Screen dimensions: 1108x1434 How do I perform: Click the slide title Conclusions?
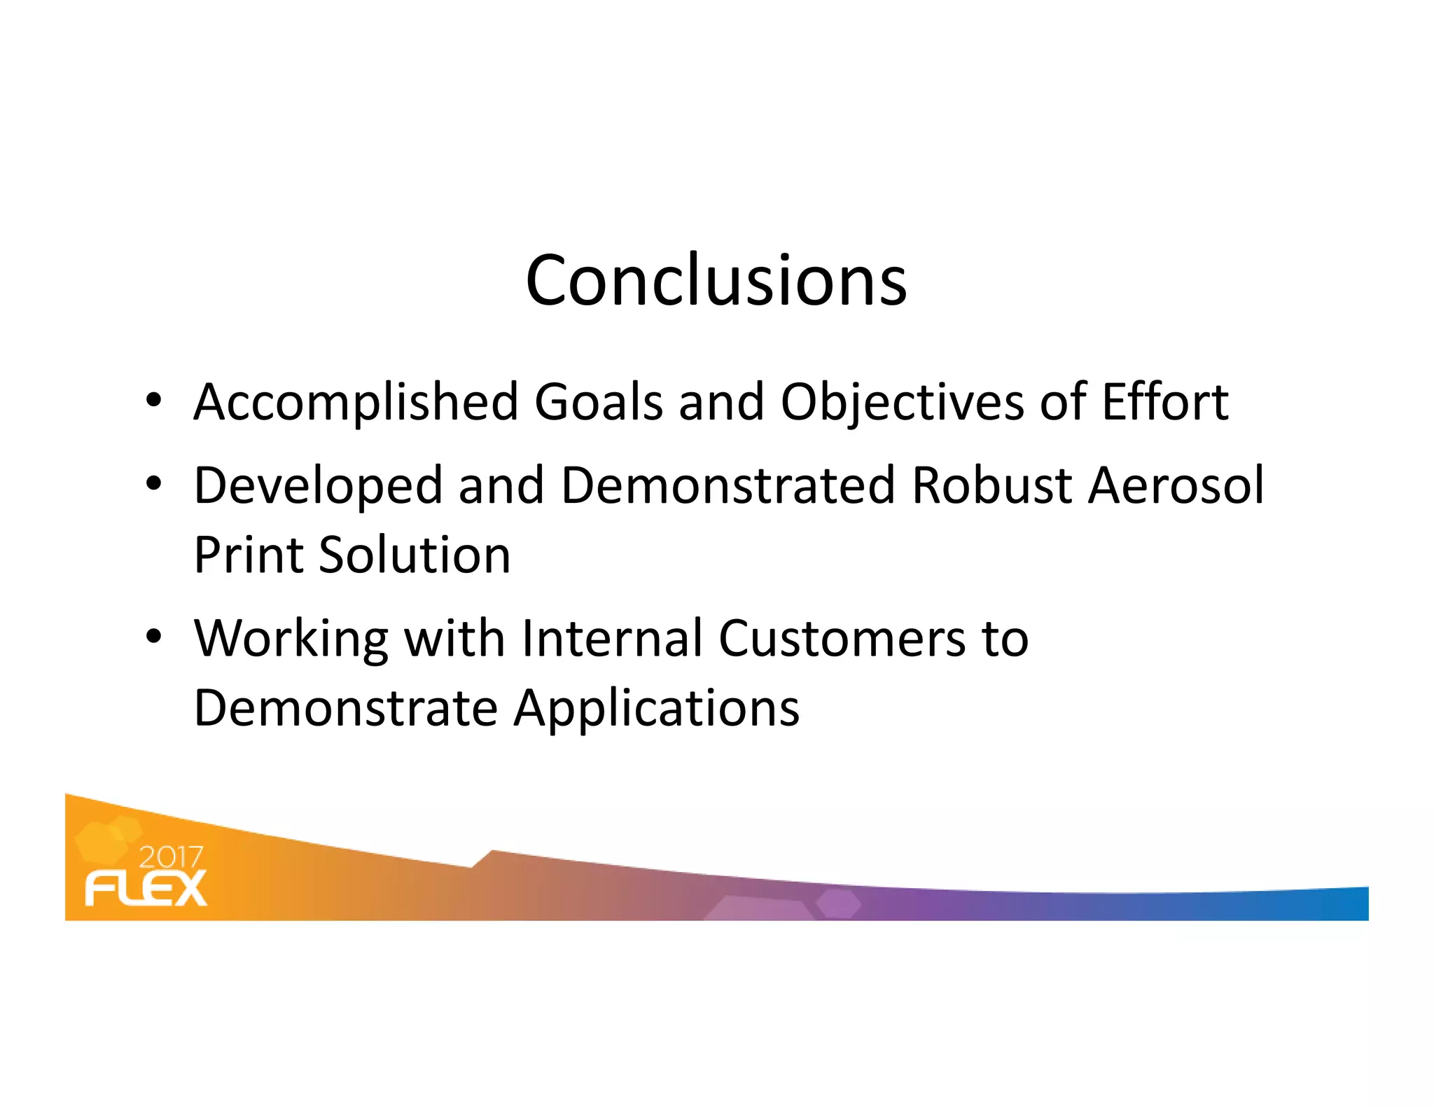pyautogui.click(x=716, y=280)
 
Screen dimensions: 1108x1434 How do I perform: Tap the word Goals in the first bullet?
pyautogui.click(x=599, y=403)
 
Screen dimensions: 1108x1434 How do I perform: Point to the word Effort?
pyautogui.click(x=1164, y=403)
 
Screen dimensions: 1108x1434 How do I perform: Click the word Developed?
pyautogui.click(x=318, y=485)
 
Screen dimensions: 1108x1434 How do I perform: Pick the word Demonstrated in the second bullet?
pyautogui.click(x=728, y=485)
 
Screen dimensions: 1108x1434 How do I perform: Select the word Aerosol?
pyautogui.click(x=1176, y=485)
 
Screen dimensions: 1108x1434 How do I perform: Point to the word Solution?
pyautogui.click(x=415, y=555)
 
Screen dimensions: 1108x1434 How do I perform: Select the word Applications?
pyautogui.click(x=657, y=709)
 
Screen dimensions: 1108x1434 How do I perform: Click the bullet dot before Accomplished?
pyautogui.click(x=154, y=401)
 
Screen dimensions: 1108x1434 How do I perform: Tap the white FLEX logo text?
pyautogui.click(x=146, y=888)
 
